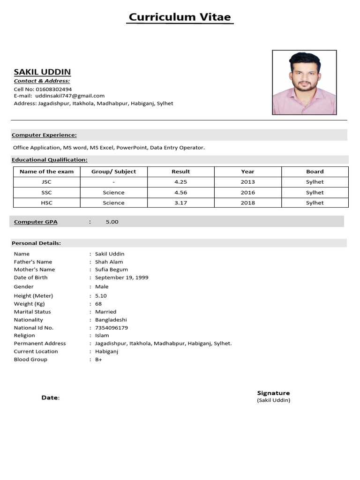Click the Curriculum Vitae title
[180, 17]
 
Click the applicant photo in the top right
[304, 82]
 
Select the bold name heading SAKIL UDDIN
[42, 72]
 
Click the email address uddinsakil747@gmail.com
[70, 96]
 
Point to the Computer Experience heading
[44, 135]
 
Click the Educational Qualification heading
[50, 160]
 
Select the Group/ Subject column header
[113, 172]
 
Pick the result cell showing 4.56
[180, 193]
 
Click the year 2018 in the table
[248, 203]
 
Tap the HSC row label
[46, 203]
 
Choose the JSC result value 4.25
[180, 182]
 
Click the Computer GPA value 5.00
[112, 222]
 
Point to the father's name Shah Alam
[109, 262]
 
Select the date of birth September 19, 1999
[121, 277]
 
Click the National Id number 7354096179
[111, 328]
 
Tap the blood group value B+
[98, 360]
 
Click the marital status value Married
[105, 312]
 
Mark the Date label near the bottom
[50, 397]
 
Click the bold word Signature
[273, 393]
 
